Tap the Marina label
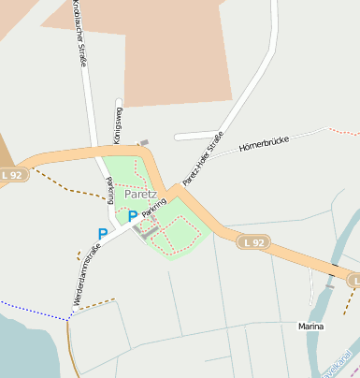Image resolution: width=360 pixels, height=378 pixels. [310, 327]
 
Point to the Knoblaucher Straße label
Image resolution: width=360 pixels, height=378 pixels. [79, 33]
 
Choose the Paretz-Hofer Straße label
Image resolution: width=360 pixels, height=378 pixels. [204, 158]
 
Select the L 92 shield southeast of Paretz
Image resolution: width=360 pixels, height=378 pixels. [252, 242]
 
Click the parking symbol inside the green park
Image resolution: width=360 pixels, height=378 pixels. [133, 216]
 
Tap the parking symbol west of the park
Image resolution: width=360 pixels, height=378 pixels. [102, 234]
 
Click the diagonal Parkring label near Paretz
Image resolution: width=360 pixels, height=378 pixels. [154, 209]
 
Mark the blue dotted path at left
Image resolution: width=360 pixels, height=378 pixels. [33, 310]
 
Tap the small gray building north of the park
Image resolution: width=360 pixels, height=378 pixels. [143, 144]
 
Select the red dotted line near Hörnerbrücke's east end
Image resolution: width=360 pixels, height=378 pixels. [345, 132]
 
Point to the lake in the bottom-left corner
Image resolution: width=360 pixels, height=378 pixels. [23, 346]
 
